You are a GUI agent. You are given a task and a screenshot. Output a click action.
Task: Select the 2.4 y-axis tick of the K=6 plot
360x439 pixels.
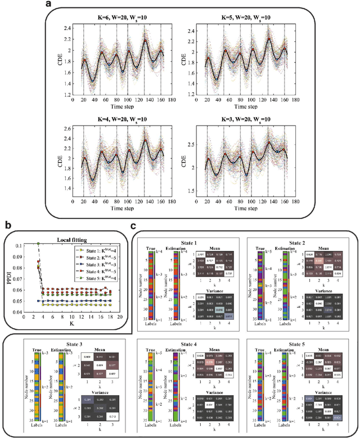67,27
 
